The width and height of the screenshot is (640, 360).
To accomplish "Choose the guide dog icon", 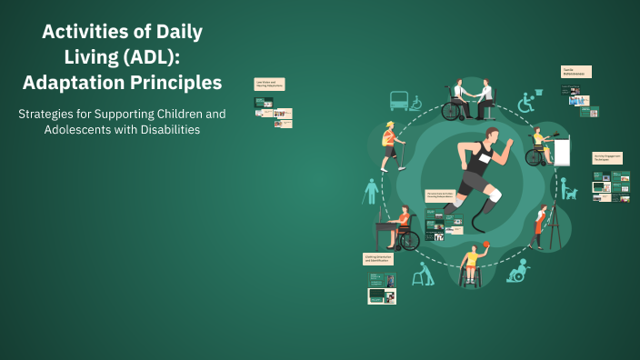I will click(x=568, y=190).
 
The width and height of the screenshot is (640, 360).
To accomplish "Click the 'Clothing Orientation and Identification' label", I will click(x=380, y=259).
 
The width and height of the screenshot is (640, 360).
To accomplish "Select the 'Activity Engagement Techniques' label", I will click(x=606, y=158).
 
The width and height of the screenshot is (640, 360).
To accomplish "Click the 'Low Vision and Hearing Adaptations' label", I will click(x=270, y=83).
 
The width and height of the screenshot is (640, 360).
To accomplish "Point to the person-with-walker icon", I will click(x=421, y=274).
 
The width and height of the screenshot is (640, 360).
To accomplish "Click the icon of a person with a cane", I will click(x=371, y=192).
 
